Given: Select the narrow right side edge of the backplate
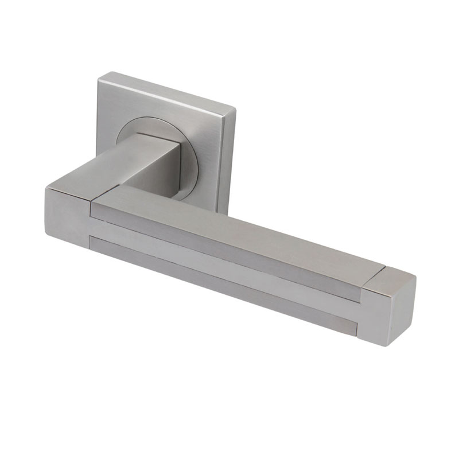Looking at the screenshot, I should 231,161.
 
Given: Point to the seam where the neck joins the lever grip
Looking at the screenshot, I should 115,192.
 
